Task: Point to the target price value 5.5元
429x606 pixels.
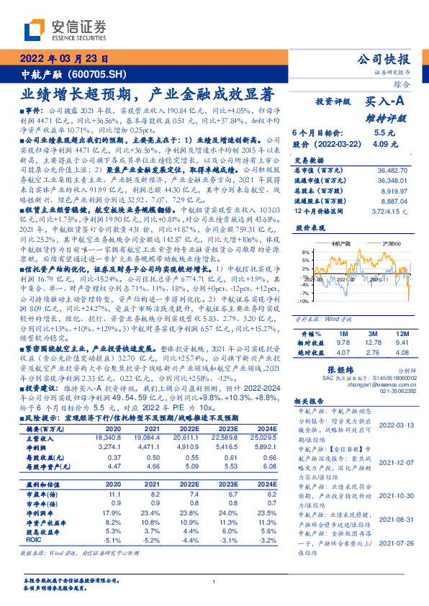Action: (384, 132)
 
